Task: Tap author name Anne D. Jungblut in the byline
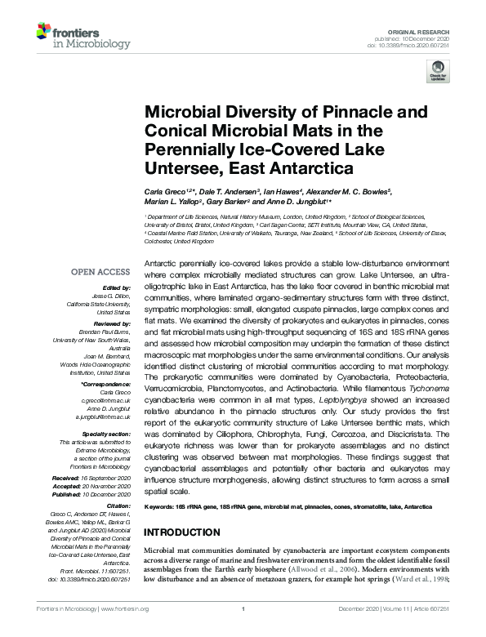point(292,202)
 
